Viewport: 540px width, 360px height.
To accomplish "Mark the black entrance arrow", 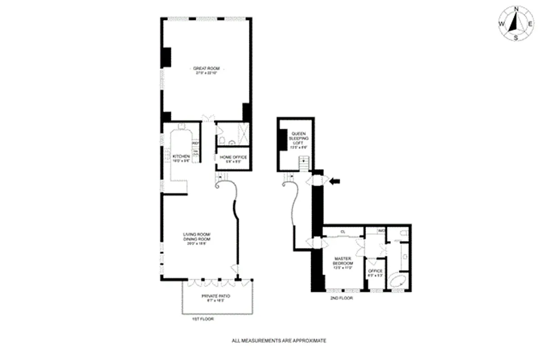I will point(334,181).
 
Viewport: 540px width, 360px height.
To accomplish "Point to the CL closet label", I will point(342,231).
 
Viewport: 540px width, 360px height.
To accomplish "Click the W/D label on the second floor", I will point(381,231).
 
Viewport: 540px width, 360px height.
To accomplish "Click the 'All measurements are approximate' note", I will point(279,341).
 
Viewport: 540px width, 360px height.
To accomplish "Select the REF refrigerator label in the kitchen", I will point(196,144).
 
